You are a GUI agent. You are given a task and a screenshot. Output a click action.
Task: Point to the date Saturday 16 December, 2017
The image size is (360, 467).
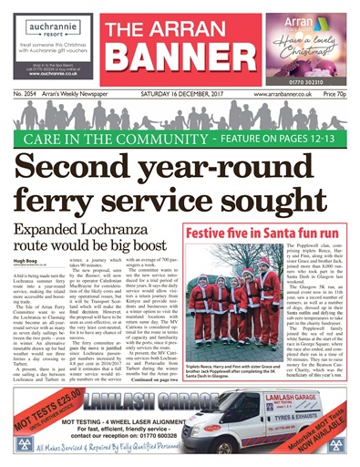pyautogui.click(x=179, y=93)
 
